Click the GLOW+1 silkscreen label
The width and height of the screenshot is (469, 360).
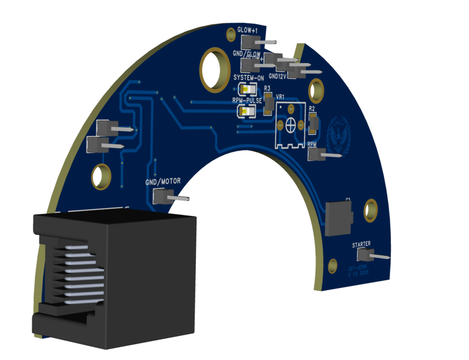[x=247, y=30]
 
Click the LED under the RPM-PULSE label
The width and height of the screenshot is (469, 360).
[x=247, y=111]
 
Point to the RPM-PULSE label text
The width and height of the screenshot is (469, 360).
[x=247, y=100]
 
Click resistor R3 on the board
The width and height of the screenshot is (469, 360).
[x=268, y=103]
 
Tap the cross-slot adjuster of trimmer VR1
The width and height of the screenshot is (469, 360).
[x=291, y=125]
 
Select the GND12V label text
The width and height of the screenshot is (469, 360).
[x=278, y=75]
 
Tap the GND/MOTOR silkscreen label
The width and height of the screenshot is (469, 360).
[x=163, y=182]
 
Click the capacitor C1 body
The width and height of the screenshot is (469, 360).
[x=338, y=218]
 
